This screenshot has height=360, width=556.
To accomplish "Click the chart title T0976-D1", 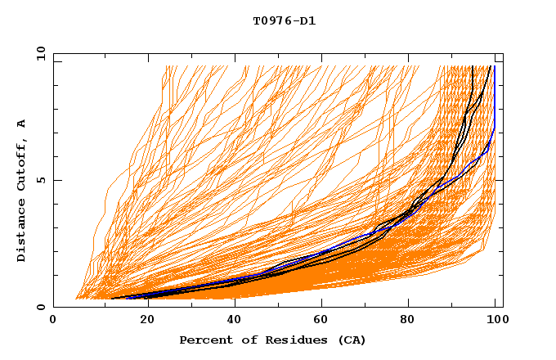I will [x=284, y=21].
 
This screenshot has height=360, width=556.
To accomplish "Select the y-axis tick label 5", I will [x=43, y=180].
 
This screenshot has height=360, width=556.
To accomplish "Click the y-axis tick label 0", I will [x=43, y=307].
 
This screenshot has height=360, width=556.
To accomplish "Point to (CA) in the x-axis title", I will [x=351, y=340].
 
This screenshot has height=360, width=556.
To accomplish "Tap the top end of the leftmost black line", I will [x=473, y=66].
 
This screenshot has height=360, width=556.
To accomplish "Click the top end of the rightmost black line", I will [x=490, y=66].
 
